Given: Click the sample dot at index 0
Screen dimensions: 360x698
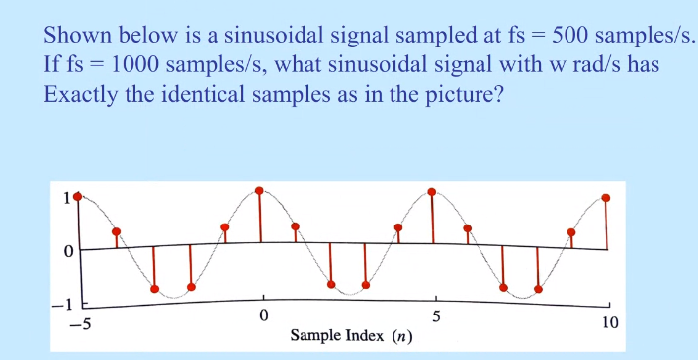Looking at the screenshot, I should click(259, 190).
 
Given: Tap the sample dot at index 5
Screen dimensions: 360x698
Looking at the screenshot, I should click(432, 191).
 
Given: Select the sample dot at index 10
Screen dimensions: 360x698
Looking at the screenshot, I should click(606, 197).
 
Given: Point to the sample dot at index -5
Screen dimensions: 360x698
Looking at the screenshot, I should click(78, 196).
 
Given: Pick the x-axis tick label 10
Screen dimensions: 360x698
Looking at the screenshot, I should click(610, 323).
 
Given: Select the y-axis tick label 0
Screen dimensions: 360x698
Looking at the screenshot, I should click(65, 251).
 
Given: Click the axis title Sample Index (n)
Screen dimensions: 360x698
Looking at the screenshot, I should click(351, 336).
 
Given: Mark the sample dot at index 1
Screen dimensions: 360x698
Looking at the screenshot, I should click(295, 226).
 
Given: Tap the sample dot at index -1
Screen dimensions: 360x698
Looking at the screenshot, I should click(225, 227).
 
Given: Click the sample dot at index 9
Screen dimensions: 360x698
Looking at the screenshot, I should click(571, 232).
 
